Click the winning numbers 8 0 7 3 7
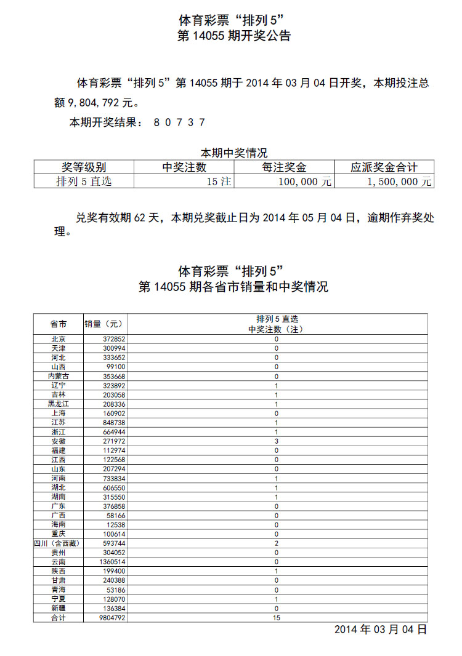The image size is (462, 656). tap(179, 122)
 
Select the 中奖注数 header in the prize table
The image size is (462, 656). tap(184, 167)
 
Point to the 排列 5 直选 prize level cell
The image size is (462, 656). tap(84, 182)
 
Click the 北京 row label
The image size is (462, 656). tap(59, 339)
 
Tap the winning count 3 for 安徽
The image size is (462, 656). tap(277, 441)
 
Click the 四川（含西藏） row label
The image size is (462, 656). tap(58, 543)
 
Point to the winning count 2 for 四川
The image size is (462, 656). tap(277, 543)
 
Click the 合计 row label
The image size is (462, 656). tap(59, 617)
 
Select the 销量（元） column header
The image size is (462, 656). tap(104, 324)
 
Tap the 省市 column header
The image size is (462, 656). tap(59, 324)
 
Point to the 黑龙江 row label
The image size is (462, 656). tap(59, 404)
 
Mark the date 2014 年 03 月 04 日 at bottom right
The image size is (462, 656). tap(380, 630)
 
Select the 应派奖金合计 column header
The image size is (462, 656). tap(384, 167)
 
